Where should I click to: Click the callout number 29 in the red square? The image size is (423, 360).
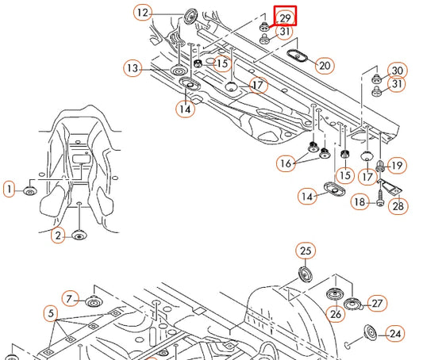285,18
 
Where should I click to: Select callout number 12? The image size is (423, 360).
143,13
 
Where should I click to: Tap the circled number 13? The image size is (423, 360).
133,68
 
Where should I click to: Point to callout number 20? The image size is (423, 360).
325,66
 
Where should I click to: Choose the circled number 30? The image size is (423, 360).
397,71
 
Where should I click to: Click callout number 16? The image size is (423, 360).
286,163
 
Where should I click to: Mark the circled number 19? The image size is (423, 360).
397,166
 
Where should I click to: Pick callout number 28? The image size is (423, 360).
398,206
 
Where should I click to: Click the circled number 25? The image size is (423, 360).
306,251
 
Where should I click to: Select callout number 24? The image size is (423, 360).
395,334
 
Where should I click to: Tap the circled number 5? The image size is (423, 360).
51,313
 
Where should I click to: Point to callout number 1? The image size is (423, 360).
10,189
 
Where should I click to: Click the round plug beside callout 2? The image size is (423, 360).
79,236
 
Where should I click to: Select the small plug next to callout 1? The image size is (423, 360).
29,191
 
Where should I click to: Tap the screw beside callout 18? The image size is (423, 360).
380,198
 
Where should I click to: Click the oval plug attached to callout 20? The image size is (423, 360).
298,56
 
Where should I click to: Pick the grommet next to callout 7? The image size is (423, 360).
93,301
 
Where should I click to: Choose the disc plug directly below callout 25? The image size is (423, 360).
306,274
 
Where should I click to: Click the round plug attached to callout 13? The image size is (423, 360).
178,71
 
